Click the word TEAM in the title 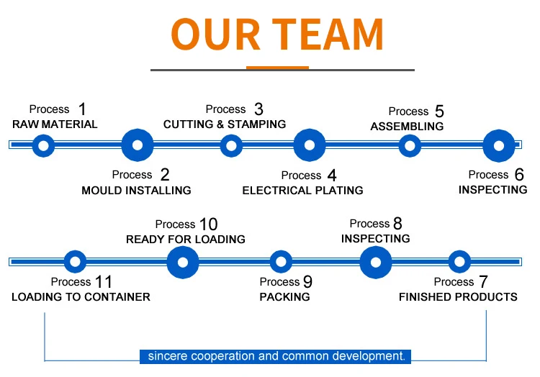[328, 35]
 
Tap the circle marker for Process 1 [43, 146]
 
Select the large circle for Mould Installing [138, 145]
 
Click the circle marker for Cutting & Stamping [230, 146]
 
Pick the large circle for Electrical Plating [310, 145]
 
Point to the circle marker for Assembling [410, 146]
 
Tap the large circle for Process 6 [498, 146]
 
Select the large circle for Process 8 [376, 262]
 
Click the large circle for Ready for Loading [183, 262]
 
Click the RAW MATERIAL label [55, 124]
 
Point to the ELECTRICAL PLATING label [302, 191]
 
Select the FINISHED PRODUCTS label [458, 297]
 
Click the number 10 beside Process [208, 224]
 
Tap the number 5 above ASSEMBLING [439, 112]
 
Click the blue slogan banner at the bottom [276, 356]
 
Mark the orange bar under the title [277, 68]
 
